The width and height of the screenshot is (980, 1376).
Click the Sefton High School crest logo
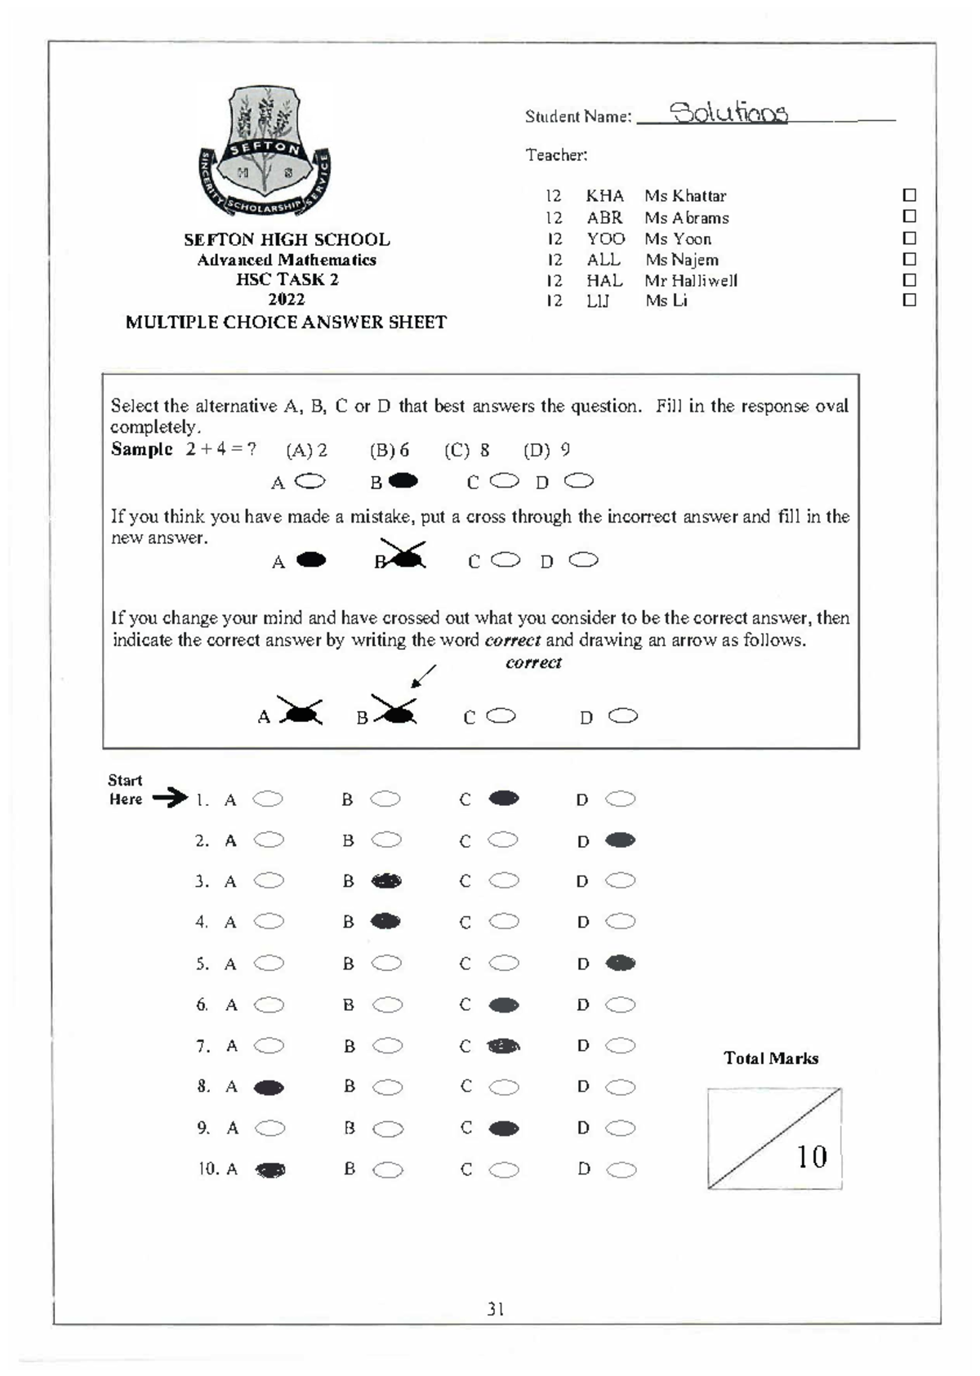coord(265,152)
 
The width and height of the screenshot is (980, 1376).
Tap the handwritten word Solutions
coord(728,114)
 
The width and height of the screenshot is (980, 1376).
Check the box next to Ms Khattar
coord(909,195)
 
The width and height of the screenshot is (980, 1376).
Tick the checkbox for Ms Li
coord(909,301)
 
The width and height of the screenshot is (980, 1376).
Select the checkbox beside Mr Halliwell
coord(909,280)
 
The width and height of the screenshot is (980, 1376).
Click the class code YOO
coord(605,238)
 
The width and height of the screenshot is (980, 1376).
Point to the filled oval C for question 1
coord(503,799)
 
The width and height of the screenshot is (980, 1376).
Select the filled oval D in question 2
coord(620,840)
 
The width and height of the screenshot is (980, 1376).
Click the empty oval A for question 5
coord(269,964)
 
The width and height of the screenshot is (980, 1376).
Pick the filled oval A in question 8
coord(269,1088)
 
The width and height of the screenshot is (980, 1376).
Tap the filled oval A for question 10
coord(270,1170)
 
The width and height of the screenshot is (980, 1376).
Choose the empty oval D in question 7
coord(621,1045)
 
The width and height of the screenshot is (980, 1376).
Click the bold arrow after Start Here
coord(170,798)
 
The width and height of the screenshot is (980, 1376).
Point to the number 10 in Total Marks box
coord(811,1156)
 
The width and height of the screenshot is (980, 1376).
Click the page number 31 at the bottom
coord(495,1309)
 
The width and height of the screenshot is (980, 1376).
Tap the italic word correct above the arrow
coord(533,662)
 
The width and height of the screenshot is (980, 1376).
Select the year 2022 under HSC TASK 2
coord(286,299)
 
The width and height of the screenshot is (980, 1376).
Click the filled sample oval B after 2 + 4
coord(403,481)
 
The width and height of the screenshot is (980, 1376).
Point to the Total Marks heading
coord(770,1058)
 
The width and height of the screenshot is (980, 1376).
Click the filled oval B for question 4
coord(385,922)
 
